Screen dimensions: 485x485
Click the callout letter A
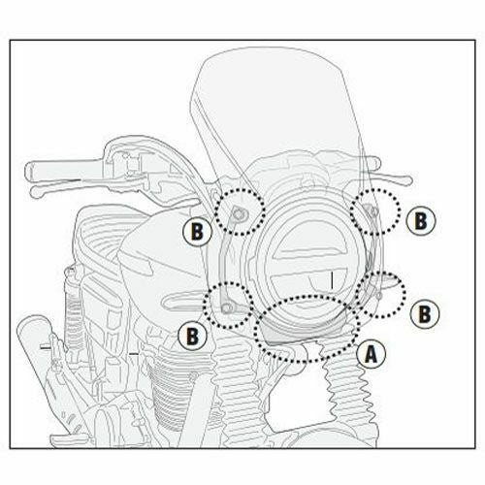point(372,354)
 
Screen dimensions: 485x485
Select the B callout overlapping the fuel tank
point(197,232)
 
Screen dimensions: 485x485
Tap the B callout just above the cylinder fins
point(192,336)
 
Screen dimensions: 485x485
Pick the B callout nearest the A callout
point(425,313)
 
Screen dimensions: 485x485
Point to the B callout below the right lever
point(421,221)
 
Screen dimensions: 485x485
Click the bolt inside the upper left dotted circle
point(239,213)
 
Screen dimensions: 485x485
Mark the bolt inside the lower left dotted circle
point(228,307)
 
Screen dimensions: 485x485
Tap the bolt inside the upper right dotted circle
point(374,211)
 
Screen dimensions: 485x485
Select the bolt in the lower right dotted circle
point(379,295)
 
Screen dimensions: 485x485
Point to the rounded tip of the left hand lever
point(35,191)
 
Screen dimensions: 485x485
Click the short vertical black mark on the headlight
point(332,280)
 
